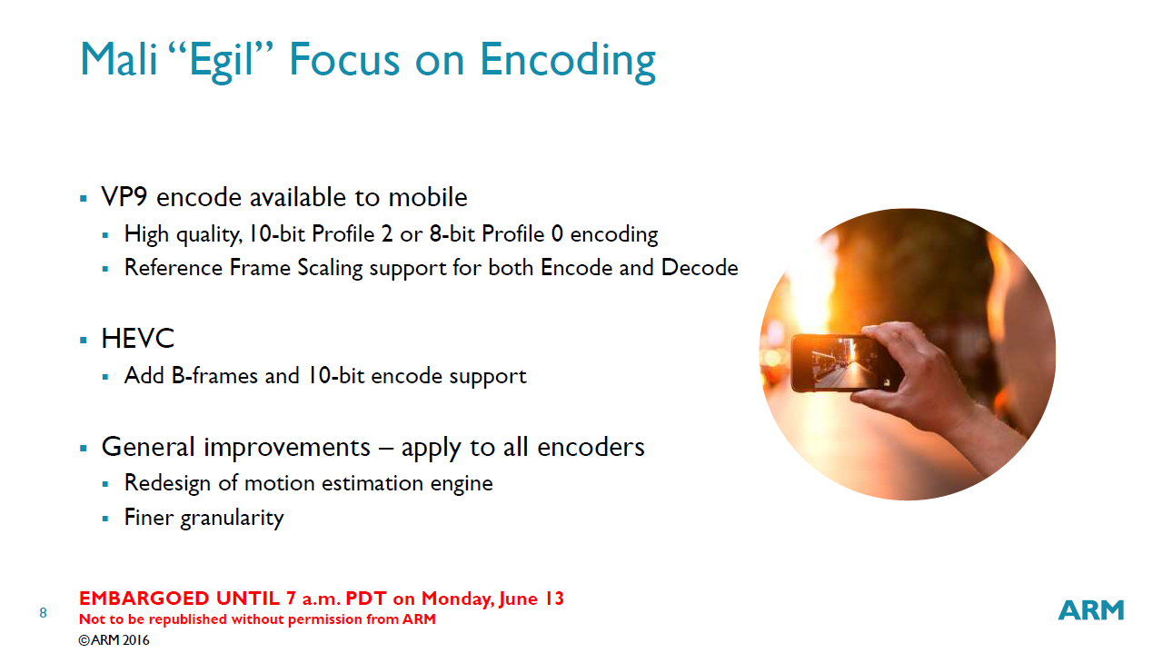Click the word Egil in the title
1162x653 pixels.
pyautogui.click(x=221, y=61)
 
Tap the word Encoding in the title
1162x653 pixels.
pyautogui.click(x=568, y=61)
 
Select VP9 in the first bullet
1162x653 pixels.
pyautogui.click(x=124, y=197)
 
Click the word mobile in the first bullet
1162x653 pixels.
pyautogui.click(x=428, y=197)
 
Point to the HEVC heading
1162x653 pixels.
pyautogui.click(x=137, y=339)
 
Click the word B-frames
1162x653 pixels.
pyautogui.click(x=214, y=375)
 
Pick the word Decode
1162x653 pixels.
pyautogui.click(x=700, y=268)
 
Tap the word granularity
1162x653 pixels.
pyautogui.click(x=232, y=519)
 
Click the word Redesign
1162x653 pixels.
pyautogui.click(x=167, y=483)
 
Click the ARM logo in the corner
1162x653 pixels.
pyautogui.click(x=1091, y=610)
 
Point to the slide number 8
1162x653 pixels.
pyautogui.click(x=43, y=613)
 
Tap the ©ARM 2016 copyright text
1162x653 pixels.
pyautogui.click(x=114, y=640)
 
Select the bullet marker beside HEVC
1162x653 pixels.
pyautogui.click(x=84, y=341)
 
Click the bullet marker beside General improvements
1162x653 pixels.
pyautogui.click(x=84, y=448)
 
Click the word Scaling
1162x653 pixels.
pyautogui.click(x=330, y=269)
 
